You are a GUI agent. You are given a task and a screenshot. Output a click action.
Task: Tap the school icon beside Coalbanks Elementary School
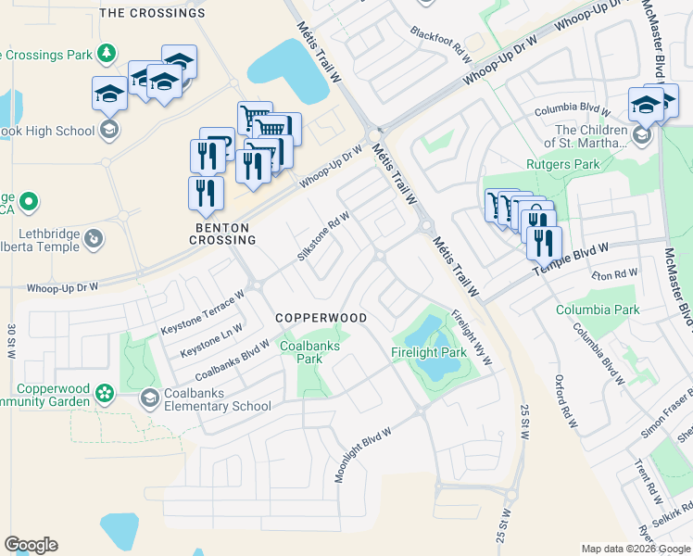149,398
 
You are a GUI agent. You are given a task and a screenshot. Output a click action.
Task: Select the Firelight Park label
428,353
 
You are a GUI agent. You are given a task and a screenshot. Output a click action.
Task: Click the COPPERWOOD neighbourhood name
321,318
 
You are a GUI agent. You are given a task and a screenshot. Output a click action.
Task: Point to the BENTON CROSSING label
225,234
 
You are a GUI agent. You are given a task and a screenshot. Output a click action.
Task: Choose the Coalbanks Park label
310,352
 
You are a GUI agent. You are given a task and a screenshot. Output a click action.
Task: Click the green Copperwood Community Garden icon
105,395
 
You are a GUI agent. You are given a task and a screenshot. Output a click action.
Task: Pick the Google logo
31,545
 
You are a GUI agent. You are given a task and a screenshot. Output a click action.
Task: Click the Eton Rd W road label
615,275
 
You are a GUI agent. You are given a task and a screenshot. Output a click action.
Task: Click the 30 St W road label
12,343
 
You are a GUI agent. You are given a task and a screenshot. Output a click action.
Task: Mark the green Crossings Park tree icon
107,52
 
